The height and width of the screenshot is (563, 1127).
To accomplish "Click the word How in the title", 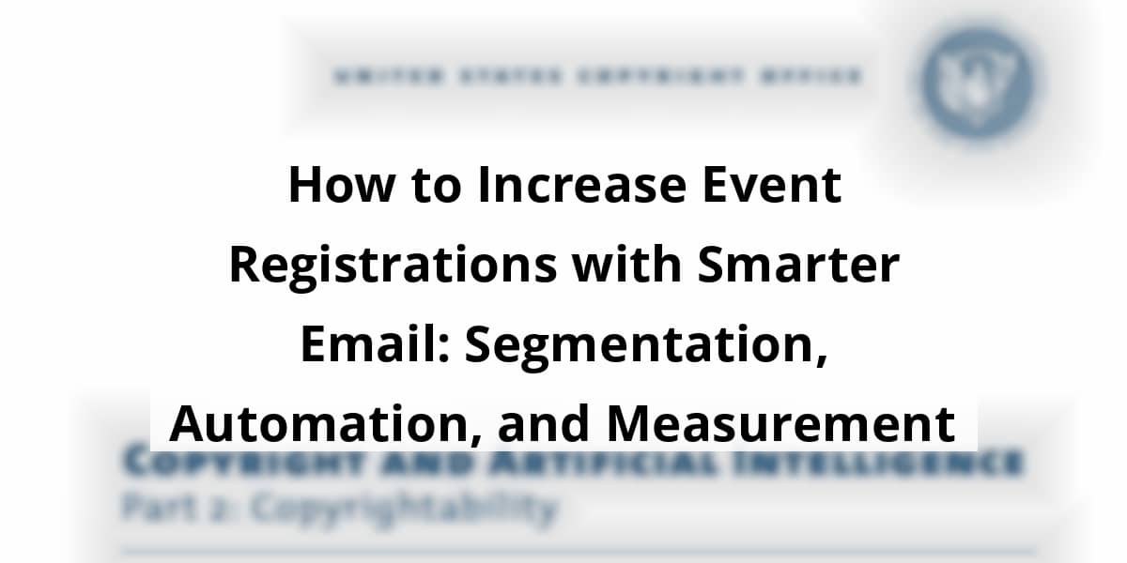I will click(x=332, y=185).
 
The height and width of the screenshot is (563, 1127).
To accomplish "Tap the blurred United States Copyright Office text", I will click(x=596, y=76).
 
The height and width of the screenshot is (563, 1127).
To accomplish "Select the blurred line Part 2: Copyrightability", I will click(x=338, y=508).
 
